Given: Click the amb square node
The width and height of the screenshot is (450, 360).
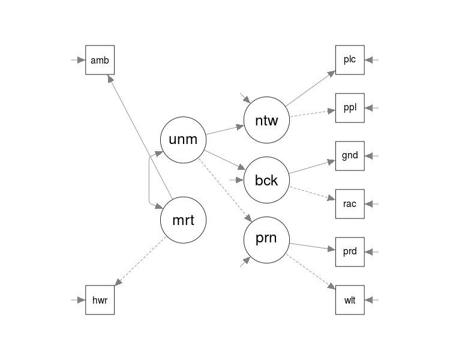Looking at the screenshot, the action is tap(100, 60).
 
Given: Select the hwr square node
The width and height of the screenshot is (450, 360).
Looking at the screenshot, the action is tap(100, 300).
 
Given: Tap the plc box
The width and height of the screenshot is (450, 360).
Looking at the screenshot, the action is tap(350, 60).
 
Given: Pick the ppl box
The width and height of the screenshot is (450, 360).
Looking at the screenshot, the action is tap(350, 108).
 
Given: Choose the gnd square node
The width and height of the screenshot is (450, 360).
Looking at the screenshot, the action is tap(350, 156).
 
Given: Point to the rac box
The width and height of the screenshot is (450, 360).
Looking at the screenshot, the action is tap(350, 204).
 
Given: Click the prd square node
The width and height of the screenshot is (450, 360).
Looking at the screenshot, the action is tap(350, 252).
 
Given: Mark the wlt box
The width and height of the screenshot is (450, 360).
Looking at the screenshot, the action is tap(350, 300).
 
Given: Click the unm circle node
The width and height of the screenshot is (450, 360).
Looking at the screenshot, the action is tap(183, 140).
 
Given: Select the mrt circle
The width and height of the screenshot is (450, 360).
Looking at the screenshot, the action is tap(183, 220).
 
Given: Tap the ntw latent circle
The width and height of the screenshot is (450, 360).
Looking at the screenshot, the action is tap(266, 120).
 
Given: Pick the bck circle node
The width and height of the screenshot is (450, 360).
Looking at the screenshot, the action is tap(266, 180).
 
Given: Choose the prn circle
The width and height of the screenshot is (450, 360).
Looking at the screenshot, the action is tap(266, 240).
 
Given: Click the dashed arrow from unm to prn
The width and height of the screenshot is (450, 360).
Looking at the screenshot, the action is tap(225, 190).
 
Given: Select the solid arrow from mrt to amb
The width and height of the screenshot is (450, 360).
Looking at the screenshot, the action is tap(140, 136).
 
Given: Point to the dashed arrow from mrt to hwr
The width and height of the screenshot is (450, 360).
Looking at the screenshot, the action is tap(140, 261).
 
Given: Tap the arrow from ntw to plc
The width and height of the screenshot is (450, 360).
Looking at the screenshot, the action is tap(311, 88).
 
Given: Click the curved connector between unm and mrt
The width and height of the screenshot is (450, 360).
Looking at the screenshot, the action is tap(149, 180).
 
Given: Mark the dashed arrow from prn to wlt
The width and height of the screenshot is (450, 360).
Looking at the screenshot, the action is tap(311, 272).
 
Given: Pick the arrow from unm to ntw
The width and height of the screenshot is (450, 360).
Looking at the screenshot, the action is tap(225, 130).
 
